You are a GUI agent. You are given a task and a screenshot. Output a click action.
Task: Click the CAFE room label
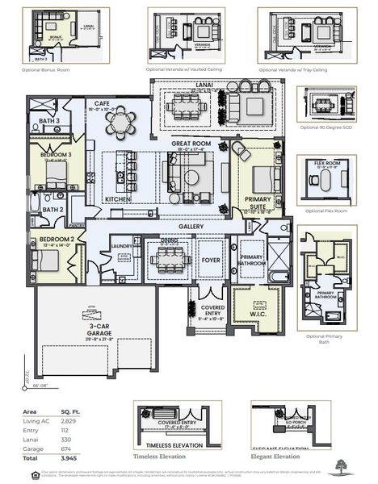(102, 104)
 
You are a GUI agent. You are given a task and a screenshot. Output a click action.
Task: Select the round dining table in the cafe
(122, 121)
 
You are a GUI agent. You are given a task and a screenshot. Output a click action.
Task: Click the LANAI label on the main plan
(216, 82)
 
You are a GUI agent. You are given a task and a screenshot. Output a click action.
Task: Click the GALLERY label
(191, 227)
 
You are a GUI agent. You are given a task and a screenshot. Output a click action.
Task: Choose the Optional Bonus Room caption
(48, 70)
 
